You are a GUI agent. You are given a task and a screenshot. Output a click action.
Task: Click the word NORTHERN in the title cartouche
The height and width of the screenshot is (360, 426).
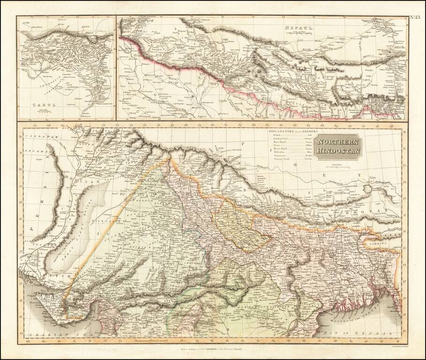pos(337,142)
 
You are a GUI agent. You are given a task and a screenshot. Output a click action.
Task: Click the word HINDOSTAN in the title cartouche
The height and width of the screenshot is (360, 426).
pos(337,150)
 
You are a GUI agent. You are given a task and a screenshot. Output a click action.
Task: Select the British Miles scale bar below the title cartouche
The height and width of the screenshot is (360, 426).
pos(337,165)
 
